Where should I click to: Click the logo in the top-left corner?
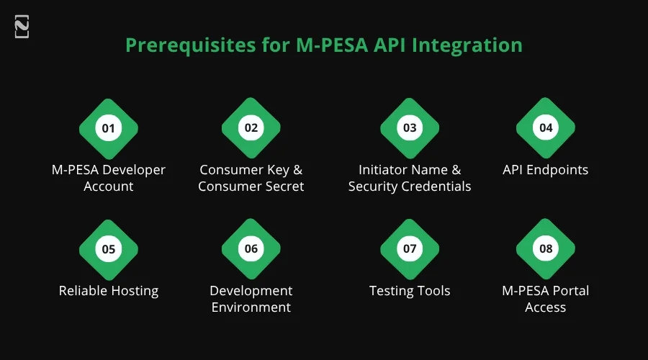22,27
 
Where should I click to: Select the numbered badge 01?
109,129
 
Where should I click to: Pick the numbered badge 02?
251,129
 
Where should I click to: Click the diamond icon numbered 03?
410,129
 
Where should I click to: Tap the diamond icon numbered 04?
546,129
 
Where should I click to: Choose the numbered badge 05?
109,249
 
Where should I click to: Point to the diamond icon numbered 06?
251,249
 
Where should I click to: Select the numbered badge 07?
410,249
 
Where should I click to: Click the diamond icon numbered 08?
546,249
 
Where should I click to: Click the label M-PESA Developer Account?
109,179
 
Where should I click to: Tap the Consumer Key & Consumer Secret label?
251,179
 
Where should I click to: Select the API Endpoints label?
546,171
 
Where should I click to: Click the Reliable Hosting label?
109,291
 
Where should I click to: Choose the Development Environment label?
251,299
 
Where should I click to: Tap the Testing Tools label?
410,291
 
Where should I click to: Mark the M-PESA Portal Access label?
546,299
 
